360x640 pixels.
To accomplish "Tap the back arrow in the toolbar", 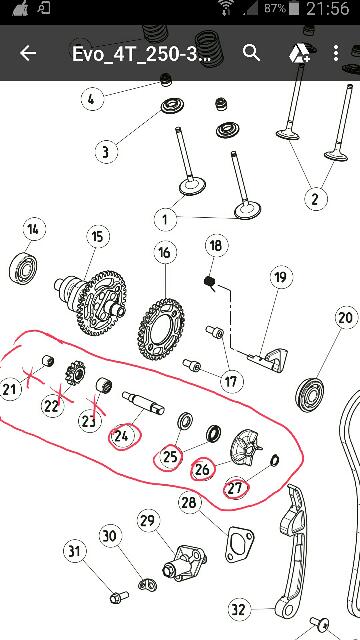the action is pos(28,53).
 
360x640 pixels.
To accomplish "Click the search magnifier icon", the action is pos(251,53).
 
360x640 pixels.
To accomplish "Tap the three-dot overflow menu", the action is pos(336,53).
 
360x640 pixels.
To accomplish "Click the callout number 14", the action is pos(33,229).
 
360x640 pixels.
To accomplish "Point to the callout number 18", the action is pos(216,246).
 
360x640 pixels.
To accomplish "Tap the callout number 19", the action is pos(281,278).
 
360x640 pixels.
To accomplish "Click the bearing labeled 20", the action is pos(309,395).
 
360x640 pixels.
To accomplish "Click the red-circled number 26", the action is pos(203,469).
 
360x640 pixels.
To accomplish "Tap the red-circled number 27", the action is pos(236,488).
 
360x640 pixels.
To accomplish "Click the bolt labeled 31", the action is pos(119,597).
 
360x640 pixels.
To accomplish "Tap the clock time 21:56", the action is pos(328,8).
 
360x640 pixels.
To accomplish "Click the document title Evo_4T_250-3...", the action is pos(141,53).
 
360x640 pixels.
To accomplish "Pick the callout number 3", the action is pos(106,152).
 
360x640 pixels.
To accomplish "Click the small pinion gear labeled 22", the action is pos(76,371).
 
